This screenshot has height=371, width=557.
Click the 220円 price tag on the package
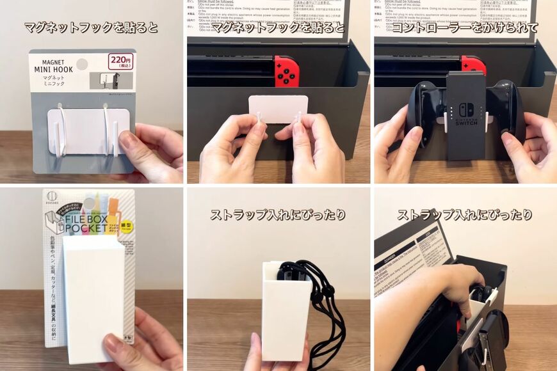(x=121, y=61)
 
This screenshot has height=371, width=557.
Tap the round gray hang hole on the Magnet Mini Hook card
(x=81, y=64)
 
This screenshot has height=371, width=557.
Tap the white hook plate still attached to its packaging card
(x=88, y=130)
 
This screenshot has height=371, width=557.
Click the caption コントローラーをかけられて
(x=465, y=28)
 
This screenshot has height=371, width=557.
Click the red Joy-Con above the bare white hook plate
(x=286, y=70)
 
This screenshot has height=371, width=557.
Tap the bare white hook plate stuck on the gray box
(x=278, y=109)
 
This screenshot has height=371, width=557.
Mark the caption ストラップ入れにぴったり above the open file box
(x=465, y=215)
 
